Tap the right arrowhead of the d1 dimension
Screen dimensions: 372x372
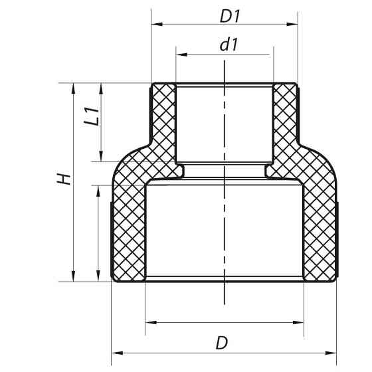pos(268,56)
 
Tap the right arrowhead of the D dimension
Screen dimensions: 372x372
pos(333,351)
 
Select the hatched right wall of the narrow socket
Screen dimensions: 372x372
pos(286,123)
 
